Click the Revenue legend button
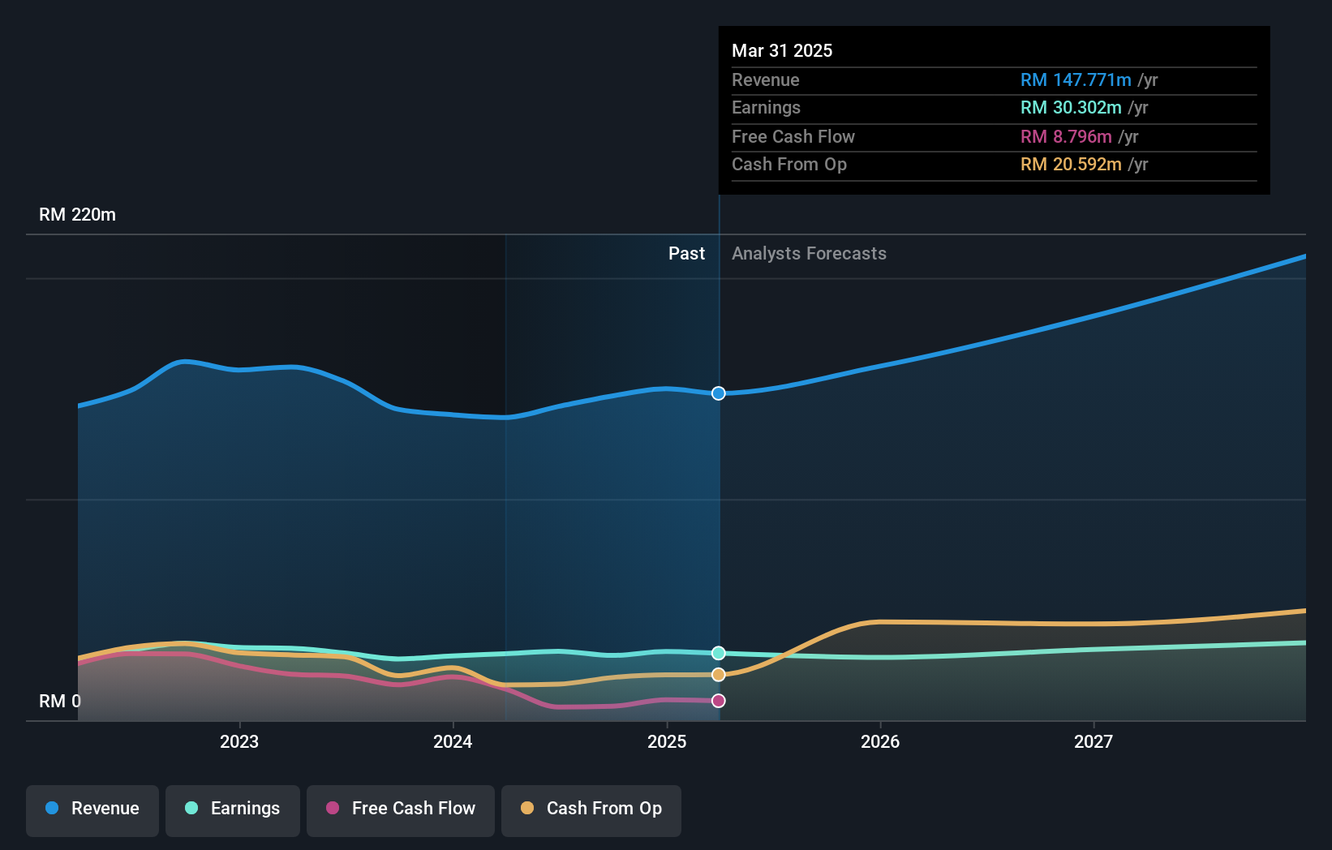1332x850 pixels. click(x=92, y=809)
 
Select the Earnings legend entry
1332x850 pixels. click(x=233, y=809)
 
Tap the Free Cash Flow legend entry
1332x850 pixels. click(x=401, y=809)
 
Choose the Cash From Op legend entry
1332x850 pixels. click(x=591, y=809)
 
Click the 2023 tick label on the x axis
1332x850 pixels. click(x=239, y=741)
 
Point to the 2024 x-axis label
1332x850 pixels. click(x=453, y=741)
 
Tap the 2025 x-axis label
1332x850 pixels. click(x=667, y=741)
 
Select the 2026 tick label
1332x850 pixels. click(x=880, y=741)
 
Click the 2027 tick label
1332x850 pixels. click(x=1094, y=741)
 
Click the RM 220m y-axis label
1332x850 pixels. click(x=77, y=215)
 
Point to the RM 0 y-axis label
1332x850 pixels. click(x=60, y=701)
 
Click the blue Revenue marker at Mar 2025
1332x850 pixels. click(x=719, y=393)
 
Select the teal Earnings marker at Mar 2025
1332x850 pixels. click(x=719, y=653)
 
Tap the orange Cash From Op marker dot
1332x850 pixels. click(x=719, y=675)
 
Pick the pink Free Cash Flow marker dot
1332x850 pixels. click(x=719, y=701)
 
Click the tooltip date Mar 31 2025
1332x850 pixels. click(x=782, y=50)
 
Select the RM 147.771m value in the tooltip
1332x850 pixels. click(x=1076, y=80)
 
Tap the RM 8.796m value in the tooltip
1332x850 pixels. click(x=1066, y=136)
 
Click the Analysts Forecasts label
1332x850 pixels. click(x=809, y=254)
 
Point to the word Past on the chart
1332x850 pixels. click(x=686, y=254)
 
